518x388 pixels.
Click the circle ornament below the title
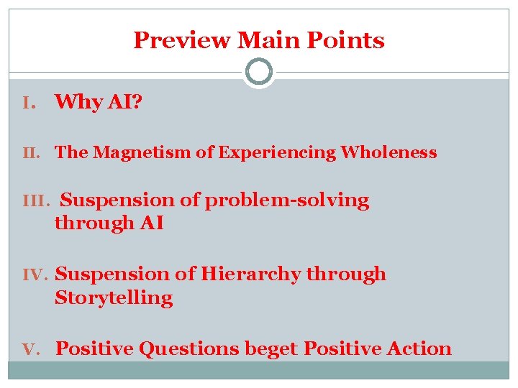259,72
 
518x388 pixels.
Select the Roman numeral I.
29,103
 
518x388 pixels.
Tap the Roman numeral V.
30,349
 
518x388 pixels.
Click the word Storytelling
114,298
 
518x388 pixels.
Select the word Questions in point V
188,349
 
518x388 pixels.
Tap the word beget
272,350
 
